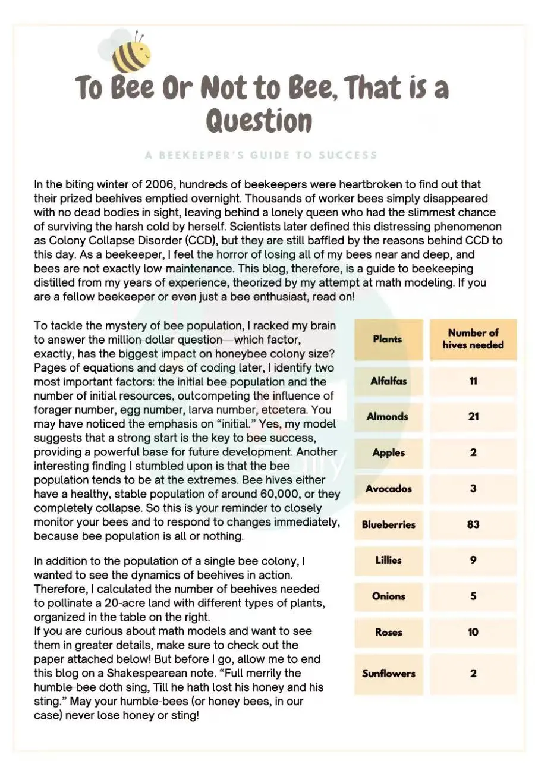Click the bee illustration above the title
(130, 50)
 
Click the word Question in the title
(259, 121)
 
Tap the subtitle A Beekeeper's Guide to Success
(261, 155)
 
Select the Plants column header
(388, 340)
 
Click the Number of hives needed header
(473, 339)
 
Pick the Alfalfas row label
(388, 381)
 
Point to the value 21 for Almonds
(473, 417)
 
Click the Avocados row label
(388, 489)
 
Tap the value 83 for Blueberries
(473, 524)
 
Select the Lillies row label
(388, 560)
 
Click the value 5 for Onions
(473, 596)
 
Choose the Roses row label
(388, 632)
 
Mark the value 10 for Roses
(473, 632)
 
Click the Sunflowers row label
(388, 674)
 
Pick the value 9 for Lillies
(473, 560)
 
